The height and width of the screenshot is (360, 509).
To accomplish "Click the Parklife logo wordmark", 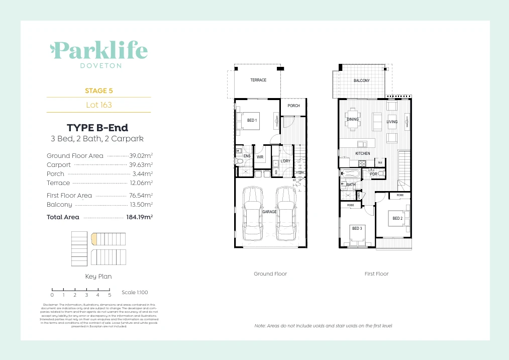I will coord(99,51).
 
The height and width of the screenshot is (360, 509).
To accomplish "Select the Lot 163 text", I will coord(99,105).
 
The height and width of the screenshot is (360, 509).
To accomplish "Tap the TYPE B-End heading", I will coord(97,128).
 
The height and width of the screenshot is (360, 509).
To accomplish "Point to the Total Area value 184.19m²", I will coord(139,217).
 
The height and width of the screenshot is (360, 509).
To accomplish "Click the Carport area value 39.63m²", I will coord(142,165).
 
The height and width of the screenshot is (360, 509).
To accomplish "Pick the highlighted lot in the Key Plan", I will coord(93,238).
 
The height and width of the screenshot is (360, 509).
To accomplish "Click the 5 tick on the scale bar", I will coord(109,295).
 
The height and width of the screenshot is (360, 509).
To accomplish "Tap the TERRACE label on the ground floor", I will coord(258,80).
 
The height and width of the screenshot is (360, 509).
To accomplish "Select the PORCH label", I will coord(293,106).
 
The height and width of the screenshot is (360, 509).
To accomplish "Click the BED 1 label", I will coord(252,121).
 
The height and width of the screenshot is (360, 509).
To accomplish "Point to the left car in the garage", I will coord(252,215).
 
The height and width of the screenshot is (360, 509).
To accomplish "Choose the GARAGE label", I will coord(269,212).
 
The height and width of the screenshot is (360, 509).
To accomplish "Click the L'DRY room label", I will coord(285,161).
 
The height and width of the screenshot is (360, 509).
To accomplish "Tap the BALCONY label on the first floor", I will coord(361,81).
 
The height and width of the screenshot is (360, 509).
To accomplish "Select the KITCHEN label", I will coord(363,153).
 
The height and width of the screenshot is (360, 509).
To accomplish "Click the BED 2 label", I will coord(397,218).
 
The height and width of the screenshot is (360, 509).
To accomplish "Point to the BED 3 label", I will coord(357,229).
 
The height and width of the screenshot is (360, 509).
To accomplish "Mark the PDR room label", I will coord(373,174).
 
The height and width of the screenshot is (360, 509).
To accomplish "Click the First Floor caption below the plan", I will coord(376,274).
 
